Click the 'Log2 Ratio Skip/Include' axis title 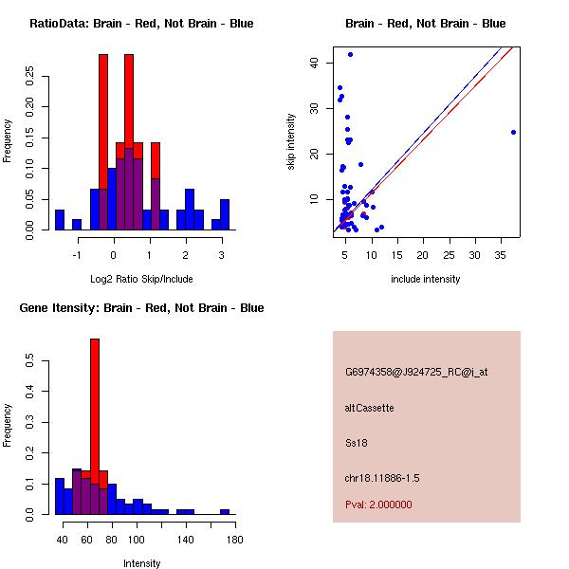tap(140, 279)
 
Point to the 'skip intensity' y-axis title tap(291, 142)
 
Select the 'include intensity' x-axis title tap(426, 279)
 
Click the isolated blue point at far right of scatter tap(513, 132)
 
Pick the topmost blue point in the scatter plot tap(350, 55)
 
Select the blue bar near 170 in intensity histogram tap(225, 511)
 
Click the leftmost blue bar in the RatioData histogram tap(60, 220)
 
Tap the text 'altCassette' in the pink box tap(369, 408)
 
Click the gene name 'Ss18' tap(356, 442)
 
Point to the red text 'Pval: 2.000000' tap(378, 505)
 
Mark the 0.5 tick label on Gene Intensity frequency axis tap(31, 361)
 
